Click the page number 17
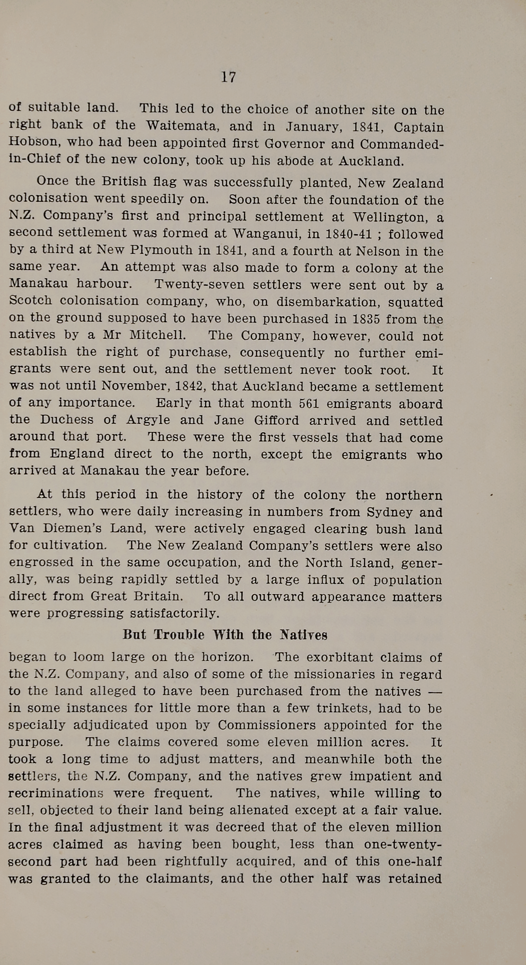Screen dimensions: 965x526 (x=228, y=77)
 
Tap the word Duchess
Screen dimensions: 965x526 (x=67, y=420)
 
